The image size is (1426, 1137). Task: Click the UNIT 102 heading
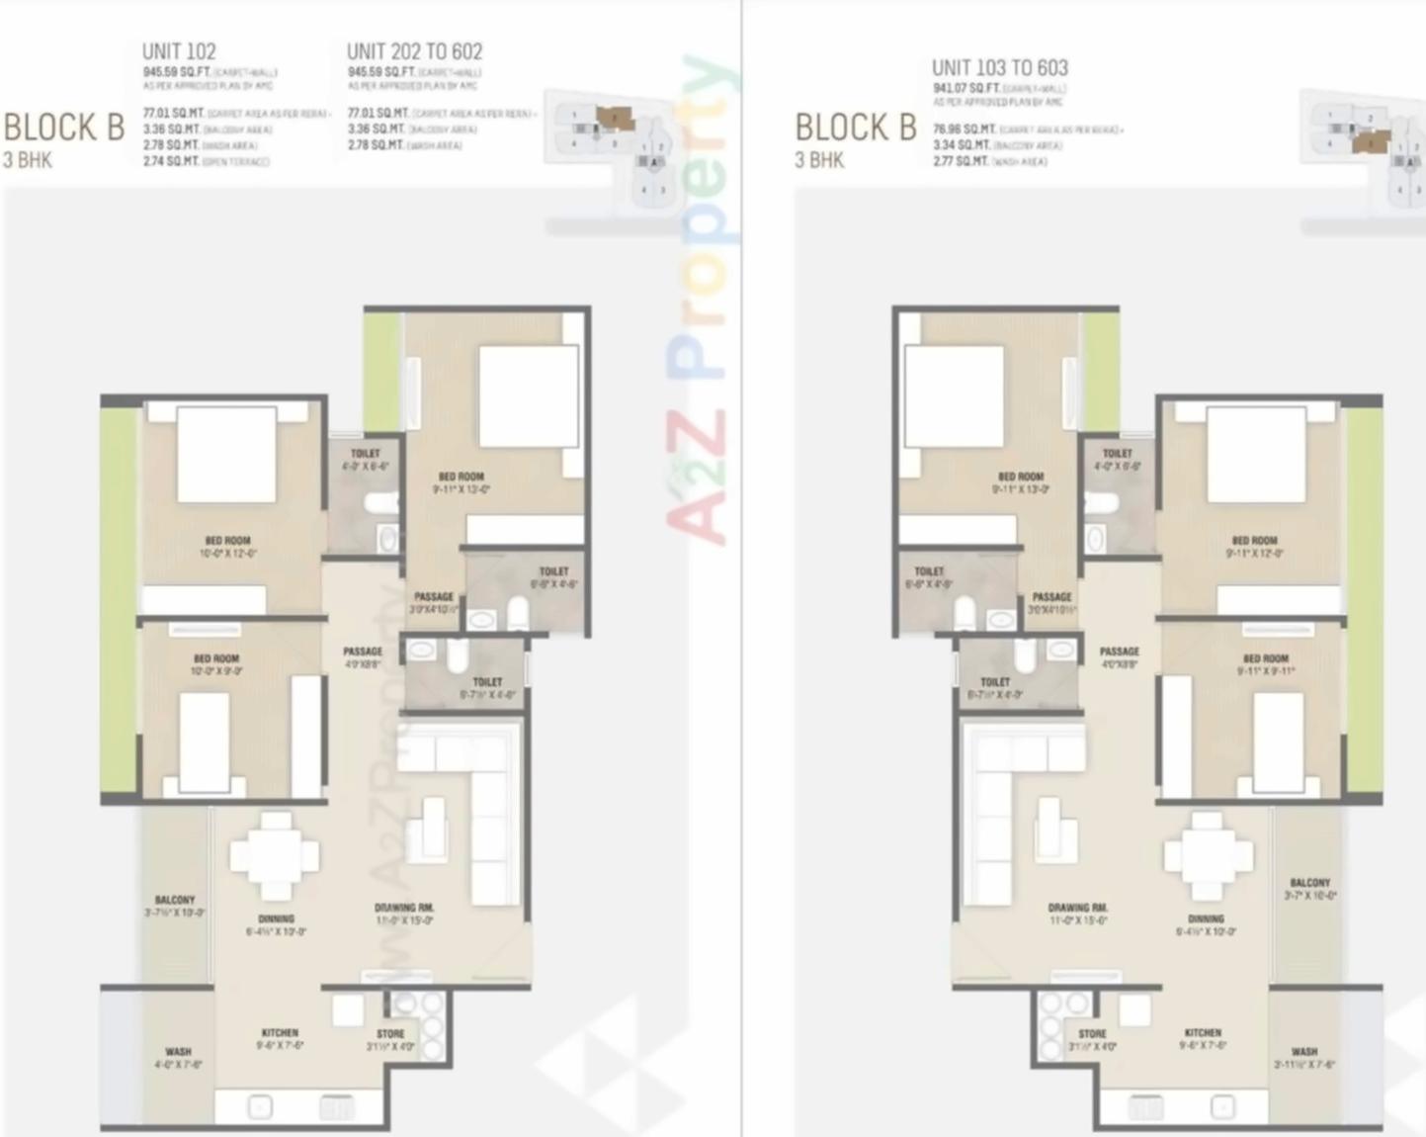click(x=179, y=51)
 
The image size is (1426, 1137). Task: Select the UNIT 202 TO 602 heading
click(x=414, y=51)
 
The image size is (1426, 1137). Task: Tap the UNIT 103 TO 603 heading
click(x=999, y=67)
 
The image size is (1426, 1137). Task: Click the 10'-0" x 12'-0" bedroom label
click(x=227, y=547)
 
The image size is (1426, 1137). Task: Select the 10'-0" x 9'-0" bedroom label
click(x=216, y=664)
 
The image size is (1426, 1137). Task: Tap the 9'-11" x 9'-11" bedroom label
click(x=1265, y=664)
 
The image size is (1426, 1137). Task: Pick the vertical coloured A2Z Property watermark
click(x=704, y=297)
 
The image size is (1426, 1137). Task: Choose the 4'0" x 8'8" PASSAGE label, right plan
click(x=1119, y=657)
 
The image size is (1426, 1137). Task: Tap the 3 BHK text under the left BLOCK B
click(x=28, y=159)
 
